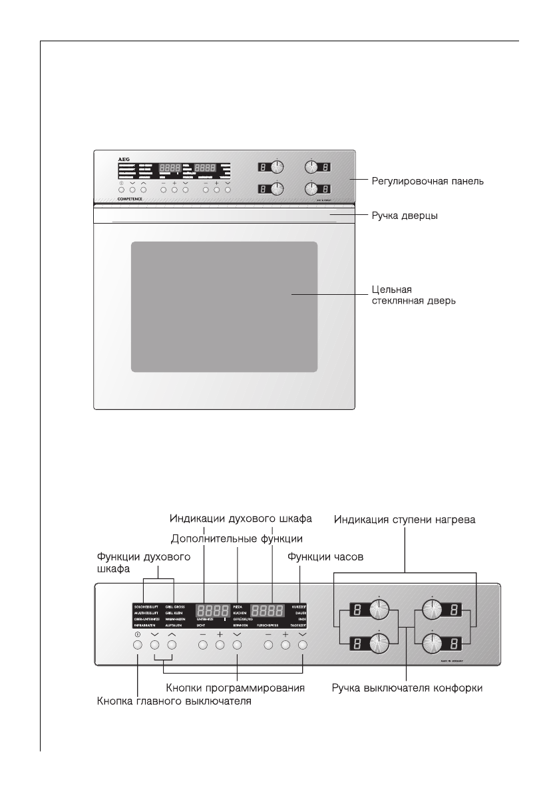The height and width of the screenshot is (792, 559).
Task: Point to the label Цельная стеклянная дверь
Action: (413, 295)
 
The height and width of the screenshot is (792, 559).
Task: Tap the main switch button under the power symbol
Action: (137, 645)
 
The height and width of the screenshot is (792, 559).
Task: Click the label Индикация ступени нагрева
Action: (405, 518)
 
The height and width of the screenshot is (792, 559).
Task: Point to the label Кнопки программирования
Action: (236, 688)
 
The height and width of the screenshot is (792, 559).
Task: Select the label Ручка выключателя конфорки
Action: (408, 688)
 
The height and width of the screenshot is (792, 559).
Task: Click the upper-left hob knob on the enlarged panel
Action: (379, 610)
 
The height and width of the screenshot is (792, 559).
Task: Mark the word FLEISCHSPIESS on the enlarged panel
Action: (270, 626)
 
